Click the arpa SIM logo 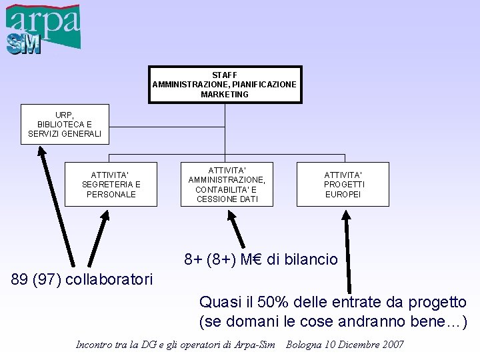(x=43, y=29)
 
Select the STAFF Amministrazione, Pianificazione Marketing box (x=225, y=85)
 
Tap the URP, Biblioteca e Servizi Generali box (x=65, y=124)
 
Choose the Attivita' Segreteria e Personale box (x=111, y=185)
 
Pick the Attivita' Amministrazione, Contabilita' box (x=227, y=185)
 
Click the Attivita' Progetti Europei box (x=343, y=185)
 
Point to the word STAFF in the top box (x=225, y=75)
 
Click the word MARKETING (x=225, y=95)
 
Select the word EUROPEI (x=343, y=195)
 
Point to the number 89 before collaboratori (x=21, y=277)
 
